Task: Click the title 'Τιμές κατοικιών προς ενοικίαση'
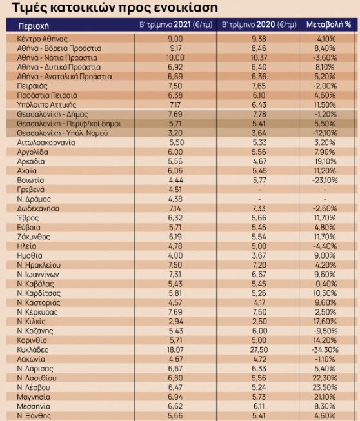coord(115,8)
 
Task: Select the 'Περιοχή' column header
coord(34,26)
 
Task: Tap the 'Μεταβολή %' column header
coord(328,24)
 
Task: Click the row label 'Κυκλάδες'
coord(32,350)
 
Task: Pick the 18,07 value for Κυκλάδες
coord(175,350)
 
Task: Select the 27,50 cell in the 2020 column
coord(259,350)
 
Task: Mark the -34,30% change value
coord(325,350)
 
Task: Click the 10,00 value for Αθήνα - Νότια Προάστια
coord(175,58)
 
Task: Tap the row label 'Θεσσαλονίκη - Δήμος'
coord(52,114)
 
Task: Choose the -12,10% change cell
coord(325,133)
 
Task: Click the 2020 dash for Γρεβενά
coord(259,190)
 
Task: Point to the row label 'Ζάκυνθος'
coord(34,237)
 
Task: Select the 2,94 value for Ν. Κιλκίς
coord(176,321)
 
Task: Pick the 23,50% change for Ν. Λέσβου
coord(325,387)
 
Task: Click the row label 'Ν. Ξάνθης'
coord(34,416)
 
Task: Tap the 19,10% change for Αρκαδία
coord(325,161)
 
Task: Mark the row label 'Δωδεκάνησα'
coord(38,209)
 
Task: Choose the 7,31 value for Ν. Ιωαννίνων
coord(175,275)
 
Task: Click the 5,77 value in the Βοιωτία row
coord(259,180)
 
